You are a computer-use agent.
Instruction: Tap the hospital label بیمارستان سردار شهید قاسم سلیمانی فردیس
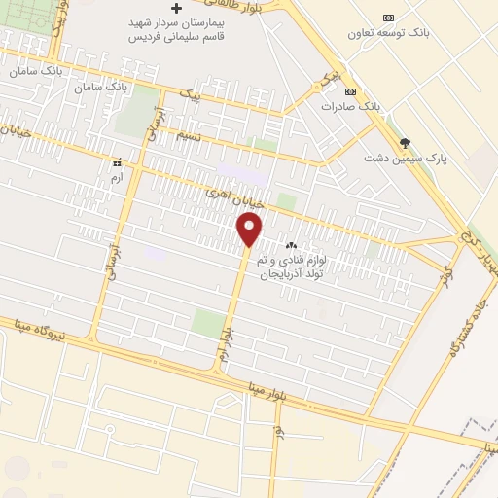178,32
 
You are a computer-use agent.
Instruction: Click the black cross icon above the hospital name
176,8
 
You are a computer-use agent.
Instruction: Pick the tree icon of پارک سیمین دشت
405,143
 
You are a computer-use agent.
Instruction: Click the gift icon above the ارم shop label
118,162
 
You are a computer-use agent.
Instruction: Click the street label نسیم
187,136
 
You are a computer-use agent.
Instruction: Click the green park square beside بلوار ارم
206,322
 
